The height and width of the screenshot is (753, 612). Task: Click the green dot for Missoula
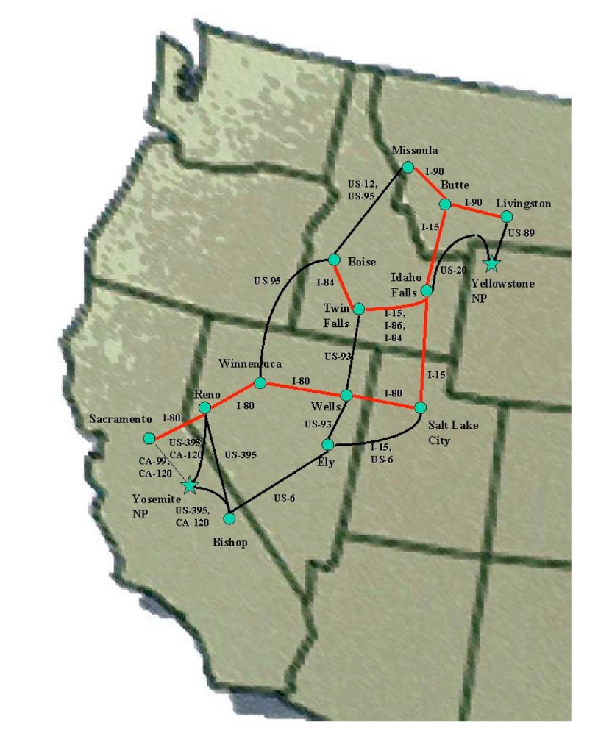click(x=408, y=167)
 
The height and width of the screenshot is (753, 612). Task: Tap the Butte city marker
click(x=444, y=204)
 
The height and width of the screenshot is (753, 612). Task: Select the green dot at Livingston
click(x=506, y=216)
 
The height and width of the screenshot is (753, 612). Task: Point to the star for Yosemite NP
click(x=190, y=485)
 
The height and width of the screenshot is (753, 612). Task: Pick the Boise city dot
click(x=334, y=260)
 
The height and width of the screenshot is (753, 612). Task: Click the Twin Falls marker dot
click(x=359, y=309)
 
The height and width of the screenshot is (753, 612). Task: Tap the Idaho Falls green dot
click(x=427, y=290)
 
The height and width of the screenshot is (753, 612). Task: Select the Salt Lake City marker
click(x=421, y=407)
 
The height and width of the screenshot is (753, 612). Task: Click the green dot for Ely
click(x=328, y=444)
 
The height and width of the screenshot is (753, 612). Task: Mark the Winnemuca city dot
click(x=260, y=383)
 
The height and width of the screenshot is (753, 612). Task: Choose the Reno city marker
click(x=205, y=407)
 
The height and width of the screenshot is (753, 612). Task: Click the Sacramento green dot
click(x=149, y=438)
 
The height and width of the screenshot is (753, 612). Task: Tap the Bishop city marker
click(x=229, y=518)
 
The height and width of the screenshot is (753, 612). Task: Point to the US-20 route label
click(x=454, y=271)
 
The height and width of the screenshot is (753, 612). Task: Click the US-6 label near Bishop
click(x=284, y=498)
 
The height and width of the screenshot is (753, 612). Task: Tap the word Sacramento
click(x=121, y=418)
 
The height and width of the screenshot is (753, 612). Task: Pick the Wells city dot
click(x=346, y=395)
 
